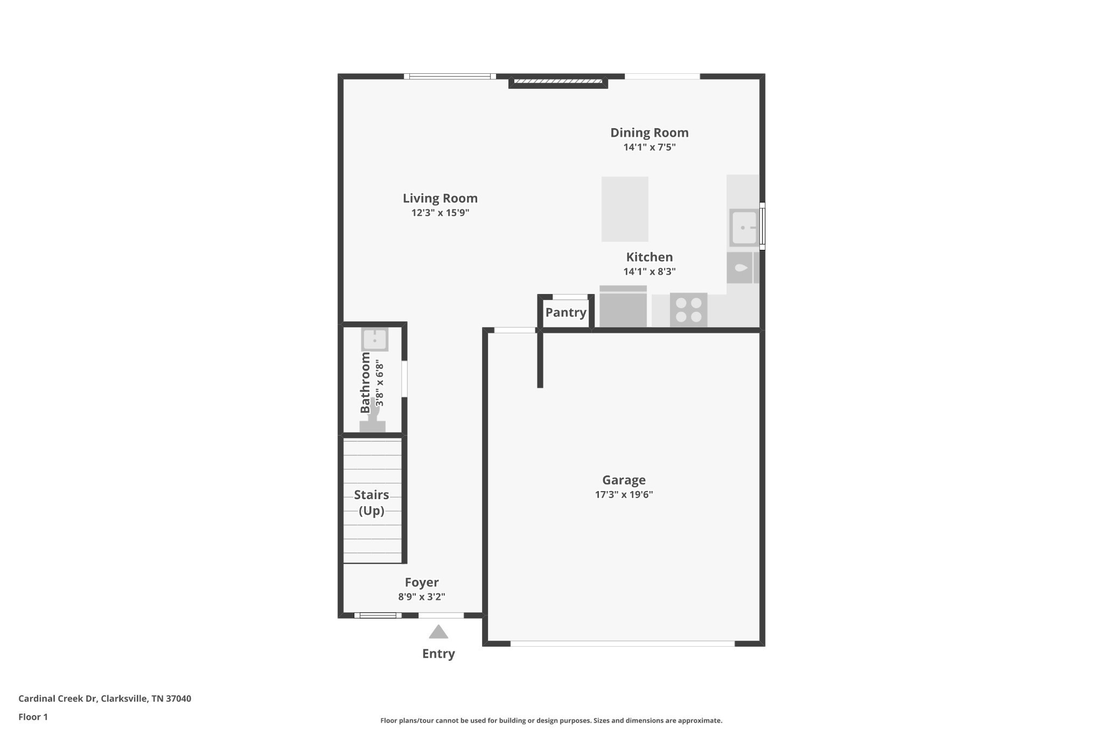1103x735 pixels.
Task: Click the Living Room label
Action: pos(440,198)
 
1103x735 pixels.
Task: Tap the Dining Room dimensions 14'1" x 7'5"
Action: pos(649,147)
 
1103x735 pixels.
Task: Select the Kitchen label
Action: pos(649,257)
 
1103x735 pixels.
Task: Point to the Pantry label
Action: pos(566,312)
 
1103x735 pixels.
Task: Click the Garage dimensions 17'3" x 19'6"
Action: pos(624,494)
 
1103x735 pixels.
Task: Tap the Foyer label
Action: pos(422,582)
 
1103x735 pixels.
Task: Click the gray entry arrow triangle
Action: pos(438,632)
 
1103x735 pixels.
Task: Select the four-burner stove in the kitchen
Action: pos(688,310)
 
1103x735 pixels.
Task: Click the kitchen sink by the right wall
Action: pos(744,228)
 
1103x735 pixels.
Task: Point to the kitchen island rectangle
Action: pos(625,209)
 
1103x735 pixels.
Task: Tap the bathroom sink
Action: pos(374,339)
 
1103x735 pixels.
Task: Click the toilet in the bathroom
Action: pos(373,416)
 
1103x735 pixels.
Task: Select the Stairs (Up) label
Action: pos(372,502)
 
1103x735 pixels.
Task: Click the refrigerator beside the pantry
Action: pos(623,306)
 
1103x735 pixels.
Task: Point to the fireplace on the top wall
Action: pos(558,81)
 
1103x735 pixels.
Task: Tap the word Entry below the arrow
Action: pos(438,654)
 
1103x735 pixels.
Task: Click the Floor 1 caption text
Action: pos(33,717)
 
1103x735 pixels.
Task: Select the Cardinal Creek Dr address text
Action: pos(104,698)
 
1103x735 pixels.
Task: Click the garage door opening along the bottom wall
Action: pos(623,643)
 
